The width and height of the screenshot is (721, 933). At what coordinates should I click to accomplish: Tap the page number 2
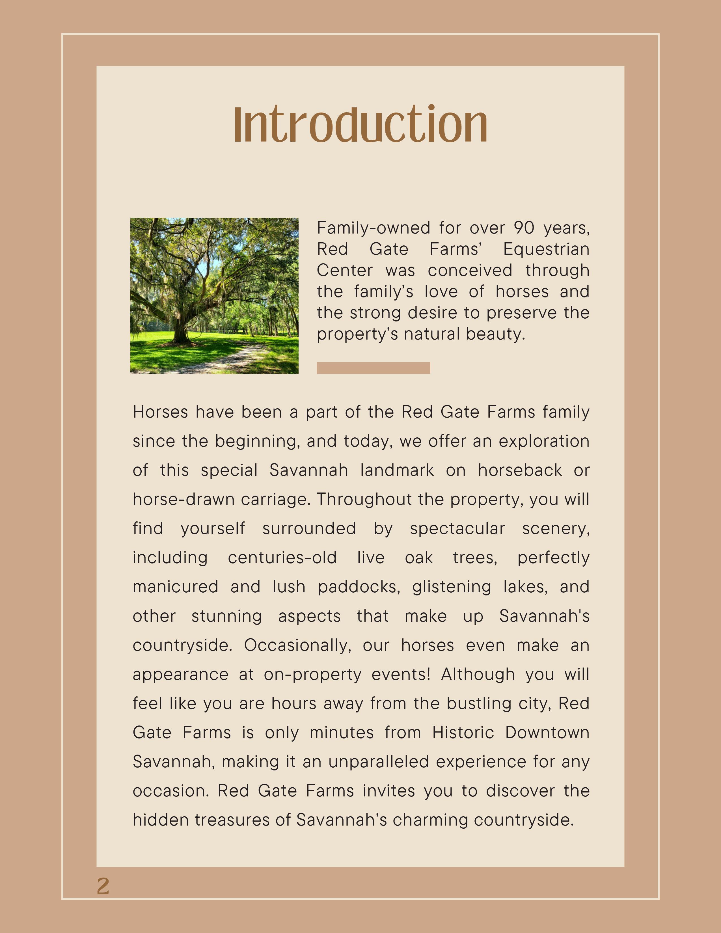(103, 886)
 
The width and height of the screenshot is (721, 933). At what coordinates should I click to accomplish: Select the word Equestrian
(546, 249)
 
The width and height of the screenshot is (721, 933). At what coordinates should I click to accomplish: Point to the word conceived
(470, 270)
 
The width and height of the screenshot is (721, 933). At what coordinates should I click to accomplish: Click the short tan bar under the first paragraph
(373, 368)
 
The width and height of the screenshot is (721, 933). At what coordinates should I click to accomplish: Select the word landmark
(397, 470)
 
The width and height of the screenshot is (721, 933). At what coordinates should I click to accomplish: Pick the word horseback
(520, 470)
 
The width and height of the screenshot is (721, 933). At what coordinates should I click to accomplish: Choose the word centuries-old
(282, 558)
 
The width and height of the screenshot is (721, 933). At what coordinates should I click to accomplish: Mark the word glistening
(452, 587)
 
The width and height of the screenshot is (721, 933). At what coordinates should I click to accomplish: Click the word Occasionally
(297, 645)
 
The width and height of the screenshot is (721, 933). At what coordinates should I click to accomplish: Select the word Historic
(463, 733)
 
